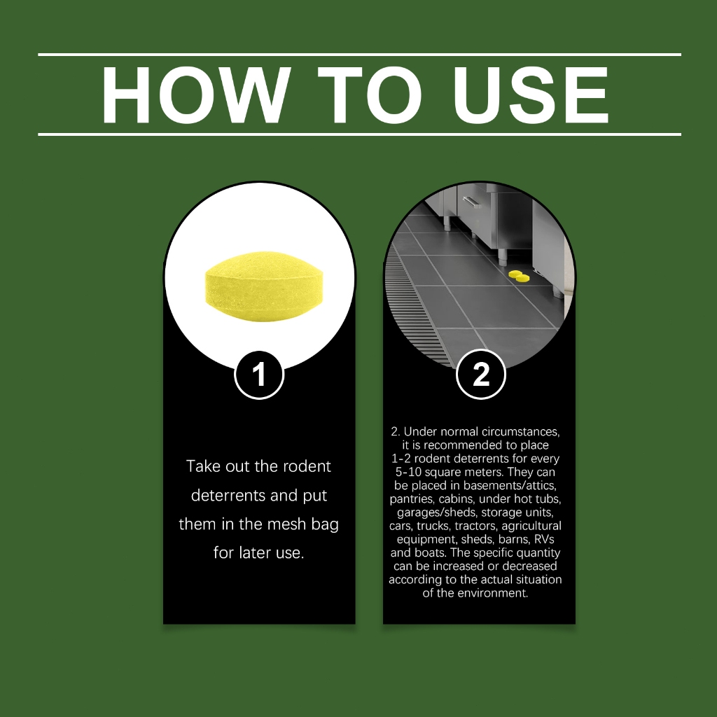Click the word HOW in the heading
pyautogui.click(x=196, y=95)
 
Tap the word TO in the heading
pyautogui.click(x=370, y=95)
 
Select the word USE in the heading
pyautogui.click(x=531, y=95)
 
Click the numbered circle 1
pyautogui.click(x=259, y=375)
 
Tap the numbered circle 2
pyautogui.click(x=481, y=374)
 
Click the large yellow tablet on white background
pyautogui.click(x=264, y=286)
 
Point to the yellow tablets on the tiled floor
pyautogui.click(x=519, y=276)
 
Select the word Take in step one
pyautogui.click(x=203, y=466)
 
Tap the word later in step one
pyautogui.click(x=252, y=552)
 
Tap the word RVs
pyautogui.click(x=544, y=539)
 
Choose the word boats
pyautogui.click(x=431, y=552)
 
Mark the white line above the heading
pyautogui.click(x=359, y=55)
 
